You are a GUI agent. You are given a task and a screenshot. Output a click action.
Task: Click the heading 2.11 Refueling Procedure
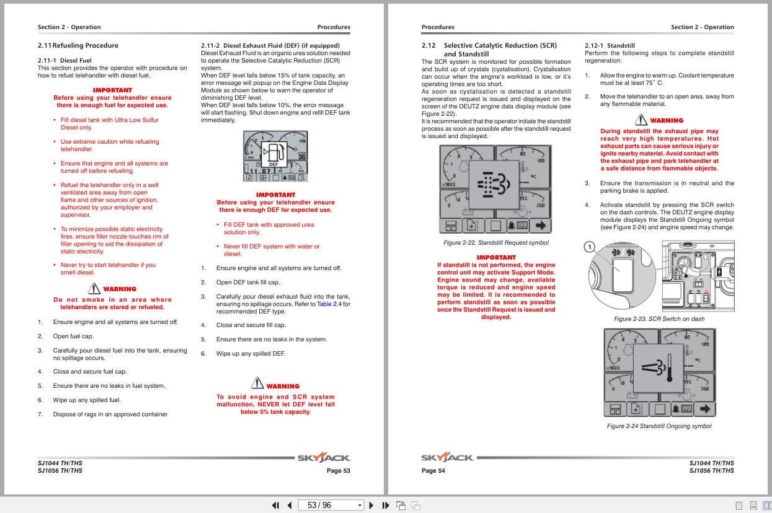click(78, 45)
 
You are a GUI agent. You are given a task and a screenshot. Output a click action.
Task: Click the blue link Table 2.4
click(333, 304)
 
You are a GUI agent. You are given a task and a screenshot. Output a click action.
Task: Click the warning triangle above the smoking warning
click(94, 288)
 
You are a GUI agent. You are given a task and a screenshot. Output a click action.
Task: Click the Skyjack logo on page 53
click(324, 458)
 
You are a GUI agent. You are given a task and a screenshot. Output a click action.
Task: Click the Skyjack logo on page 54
click(447, 458)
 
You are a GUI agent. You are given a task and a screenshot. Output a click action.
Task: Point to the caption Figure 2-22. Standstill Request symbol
click(495, 243)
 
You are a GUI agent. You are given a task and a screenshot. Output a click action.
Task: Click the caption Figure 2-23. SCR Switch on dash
click(659, 319)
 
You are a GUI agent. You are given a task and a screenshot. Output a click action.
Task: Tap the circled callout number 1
click(591, 247)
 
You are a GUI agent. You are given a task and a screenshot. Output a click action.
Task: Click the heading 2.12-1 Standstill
click(612, 46)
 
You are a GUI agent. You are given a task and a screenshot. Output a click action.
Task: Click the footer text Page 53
click(338, 471)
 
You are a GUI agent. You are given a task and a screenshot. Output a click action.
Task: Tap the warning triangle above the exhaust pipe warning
click(641, 120)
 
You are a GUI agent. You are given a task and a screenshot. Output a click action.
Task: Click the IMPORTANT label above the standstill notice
click(496, 257)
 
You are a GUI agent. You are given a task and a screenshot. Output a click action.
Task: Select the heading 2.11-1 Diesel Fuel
click(64, 61)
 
